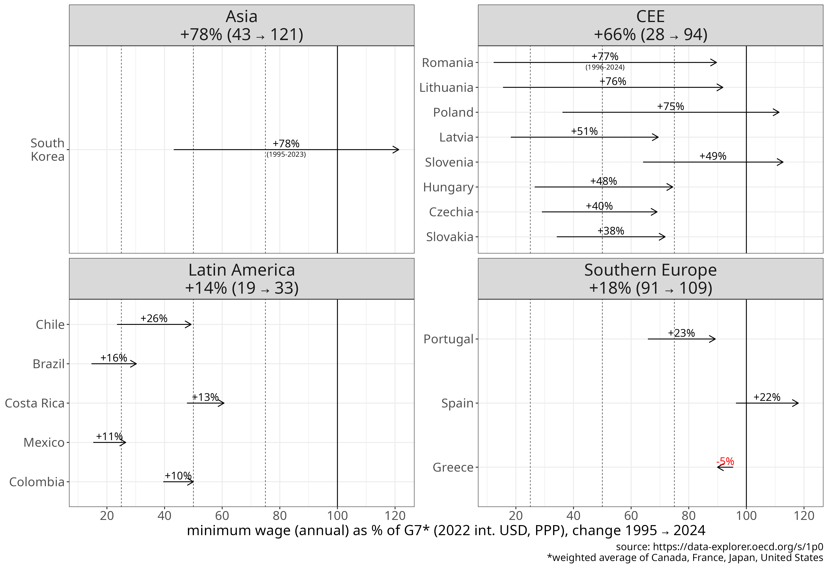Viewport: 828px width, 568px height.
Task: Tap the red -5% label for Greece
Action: click(x=725, y=461)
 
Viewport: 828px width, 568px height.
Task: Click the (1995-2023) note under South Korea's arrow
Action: click(x=286, y=154)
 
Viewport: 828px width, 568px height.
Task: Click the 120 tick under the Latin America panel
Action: click(x=395, y=516)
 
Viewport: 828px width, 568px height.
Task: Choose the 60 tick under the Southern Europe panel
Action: click(x=631, y=516)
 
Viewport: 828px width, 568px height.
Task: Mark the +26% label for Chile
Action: click(x=154, y=318)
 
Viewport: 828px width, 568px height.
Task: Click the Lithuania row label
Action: click(x=446, y=87)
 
